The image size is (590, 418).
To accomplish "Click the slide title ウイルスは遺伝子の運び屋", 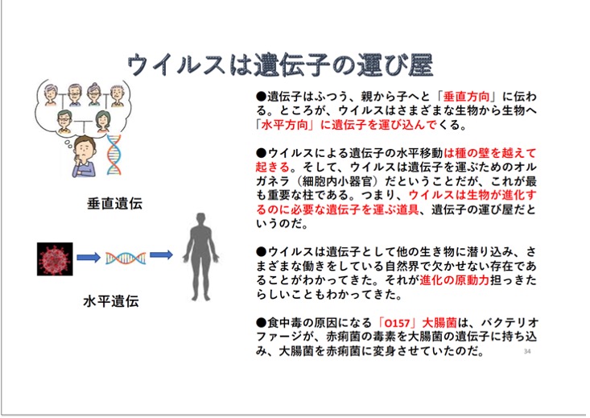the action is click(x=280, y=64).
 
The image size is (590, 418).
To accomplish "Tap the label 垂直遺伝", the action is click(x=115, y=204).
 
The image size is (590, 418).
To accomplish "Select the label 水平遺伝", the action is click(x=111, y=301).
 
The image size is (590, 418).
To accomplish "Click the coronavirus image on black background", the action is click(x=55, y=259).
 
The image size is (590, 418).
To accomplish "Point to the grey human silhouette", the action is click(x=201, y=257).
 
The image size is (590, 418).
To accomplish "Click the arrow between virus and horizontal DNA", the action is click(x=89, y=258).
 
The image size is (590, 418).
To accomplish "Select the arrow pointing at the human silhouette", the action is click(x=162, y=255).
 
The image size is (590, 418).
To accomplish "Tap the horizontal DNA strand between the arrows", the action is click(x=126, y=258).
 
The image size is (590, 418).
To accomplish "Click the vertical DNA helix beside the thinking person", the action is click(x=114, y=155).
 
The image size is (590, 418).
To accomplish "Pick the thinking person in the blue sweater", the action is click(x=85, y=156).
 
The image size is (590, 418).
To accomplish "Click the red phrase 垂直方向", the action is click(x=467, y=97).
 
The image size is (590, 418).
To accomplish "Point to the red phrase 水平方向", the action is click(x=284, y=125).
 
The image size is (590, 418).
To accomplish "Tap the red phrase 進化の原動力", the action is click(x=454, y=280).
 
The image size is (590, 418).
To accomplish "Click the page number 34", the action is click(x=527, y=351).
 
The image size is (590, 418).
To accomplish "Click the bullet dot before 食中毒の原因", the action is click(x=261, y=323).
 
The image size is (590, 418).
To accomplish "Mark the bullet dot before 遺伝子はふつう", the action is click(x=261, y=97).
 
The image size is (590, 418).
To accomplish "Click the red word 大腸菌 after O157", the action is click(x=439, y=323).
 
